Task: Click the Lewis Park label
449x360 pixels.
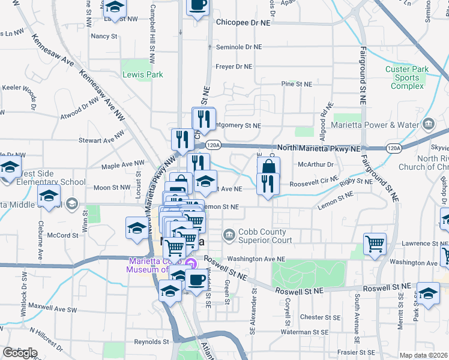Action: (142, 75)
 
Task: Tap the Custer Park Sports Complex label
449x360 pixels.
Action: (407, 77)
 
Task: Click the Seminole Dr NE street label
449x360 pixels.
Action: (239, 47)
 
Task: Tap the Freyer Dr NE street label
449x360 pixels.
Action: (234, 67)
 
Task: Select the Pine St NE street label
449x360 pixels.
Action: (297, 84)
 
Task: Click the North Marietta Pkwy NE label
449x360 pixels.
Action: (318, 148)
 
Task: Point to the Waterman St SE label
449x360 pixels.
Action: (304, 332)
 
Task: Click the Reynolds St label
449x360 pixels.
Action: (151, 342)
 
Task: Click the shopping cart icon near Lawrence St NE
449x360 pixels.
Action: (375, 243)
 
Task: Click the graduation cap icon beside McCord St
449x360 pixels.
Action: (137, 227)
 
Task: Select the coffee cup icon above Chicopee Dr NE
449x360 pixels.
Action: (198, 5)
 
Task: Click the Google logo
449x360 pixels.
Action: (20, 353)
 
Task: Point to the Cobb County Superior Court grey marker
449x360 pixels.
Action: (228, 233)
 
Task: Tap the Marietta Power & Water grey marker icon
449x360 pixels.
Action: (429, 125)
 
